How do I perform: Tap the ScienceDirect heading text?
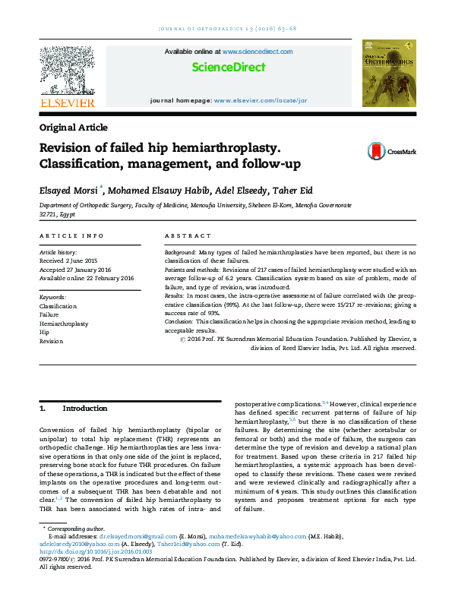coord(229,68)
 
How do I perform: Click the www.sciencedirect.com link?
coord(257,52)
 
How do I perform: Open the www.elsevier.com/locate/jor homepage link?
coord(260,100)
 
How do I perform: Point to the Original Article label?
coord(73,128)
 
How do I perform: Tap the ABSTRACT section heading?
coord(183,237)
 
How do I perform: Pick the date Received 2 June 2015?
coord(69,259)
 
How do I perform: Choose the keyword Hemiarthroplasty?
coord(64,324)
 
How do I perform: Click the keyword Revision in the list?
coord(51,342)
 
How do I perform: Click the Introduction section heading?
coord(85,409)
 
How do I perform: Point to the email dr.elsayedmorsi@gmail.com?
coord(122,535)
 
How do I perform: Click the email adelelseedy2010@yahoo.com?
coord(74,544)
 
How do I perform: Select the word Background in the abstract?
coord(180,251)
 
